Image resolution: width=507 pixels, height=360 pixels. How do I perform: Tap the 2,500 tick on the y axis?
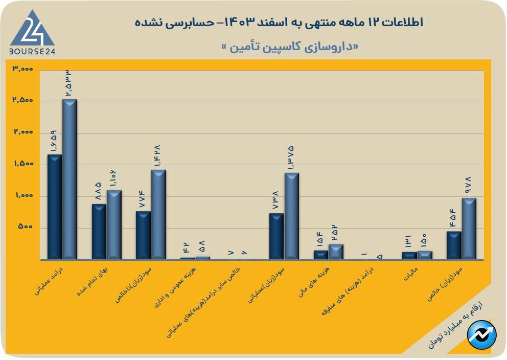tap(22, 100)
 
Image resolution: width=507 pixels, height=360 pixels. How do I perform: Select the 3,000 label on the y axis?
tap(22, 69)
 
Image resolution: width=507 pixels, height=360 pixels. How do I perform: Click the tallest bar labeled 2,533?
tap(70, 179)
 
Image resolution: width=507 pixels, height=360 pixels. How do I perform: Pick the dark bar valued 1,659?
tap(54, 207)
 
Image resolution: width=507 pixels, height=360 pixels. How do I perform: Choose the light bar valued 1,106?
tap(114, 224)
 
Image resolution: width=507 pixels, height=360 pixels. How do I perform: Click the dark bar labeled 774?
tap(143, 235)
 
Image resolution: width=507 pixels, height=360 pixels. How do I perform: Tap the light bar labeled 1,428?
tap(158, 214)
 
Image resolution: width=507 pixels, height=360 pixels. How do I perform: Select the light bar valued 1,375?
tap(292, 216)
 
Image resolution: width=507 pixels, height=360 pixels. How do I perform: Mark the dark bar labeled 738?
tap(276, 236)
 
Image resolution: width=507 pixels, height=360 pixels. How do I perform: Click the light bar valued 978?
tap(469, 228)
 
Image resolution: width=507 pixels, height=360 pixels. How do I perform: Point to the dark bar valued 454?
tap(454, 245)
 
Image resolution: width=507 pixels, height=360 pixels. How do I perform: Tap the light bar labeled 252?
tap(336, 251)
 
